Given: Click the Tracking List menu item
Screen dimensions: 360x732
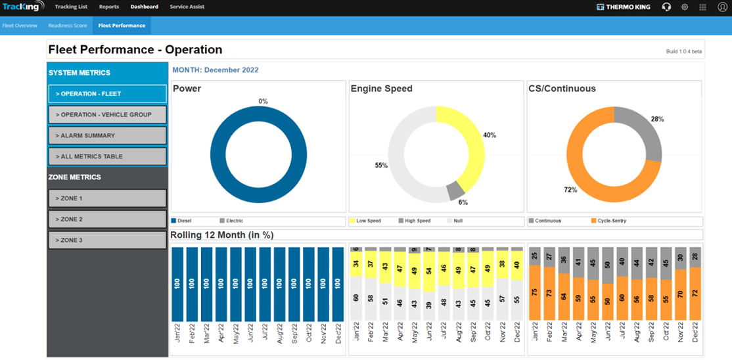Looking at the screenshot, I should [71, 7].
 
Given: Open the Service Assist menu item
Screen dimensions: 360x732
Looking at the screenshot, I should [187, 7].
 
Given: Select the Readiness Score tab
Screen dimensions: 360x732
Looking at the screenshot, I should [68, 26].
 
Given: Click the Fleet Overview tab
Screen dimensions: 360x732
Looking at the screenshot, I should [20, 26].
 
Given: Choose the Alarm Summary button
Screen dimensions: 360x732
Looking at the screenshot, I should [107, 135].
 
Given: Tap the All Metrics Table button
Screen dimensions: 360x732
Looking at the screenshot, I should [107, 156].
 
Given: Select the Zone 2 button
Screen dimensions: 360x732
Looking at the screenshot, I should [107, 219].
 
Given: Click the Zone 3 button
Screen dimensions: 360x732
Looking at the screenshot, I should [107, 240].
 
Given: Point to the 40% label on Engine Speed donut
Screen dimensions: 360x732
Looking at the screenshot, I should [490, 135].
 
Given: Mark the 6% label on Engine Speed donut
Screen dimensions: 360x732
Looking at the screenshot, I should [463, 202].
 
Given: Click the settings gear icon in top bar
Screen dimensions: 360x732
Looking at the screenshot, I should [685, 7].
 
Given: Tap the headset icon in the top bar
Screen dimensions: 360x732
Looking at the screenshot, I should [666, 7].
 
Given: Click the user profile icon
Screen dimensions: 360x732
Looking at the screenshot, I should [722, 7].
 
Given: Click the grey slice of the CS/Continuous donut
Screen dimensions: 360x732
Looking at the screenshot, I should [644, 128].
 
